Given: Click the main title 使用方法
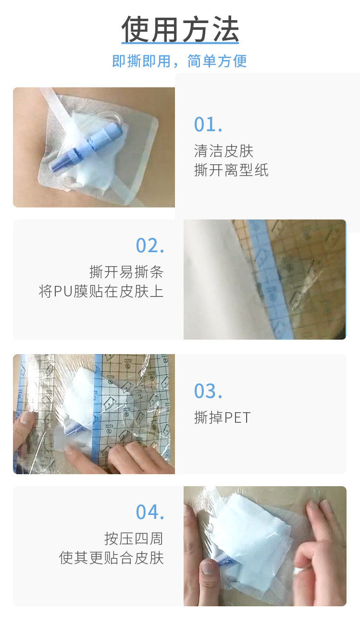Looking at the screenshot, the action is pyautogui.click(x=180, y=29).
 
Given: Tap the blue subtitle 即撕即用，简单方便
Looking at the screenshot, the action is pyautogui.click(x=180, y=61).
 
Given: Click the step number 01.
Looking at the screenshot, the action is pyautogui.click(x=208, y=124).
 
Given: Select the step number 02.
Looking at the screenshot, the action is pyautogui.click(x=150, y=245).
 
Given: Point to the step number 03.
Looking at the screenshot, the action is pyautogui.click(x=208, y=391).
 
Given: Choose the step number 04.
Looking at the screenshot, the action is pyautogui.click(x=150, y=512).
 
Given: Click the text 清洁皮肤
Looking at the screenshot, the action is pyautogui.click(x=224, y=151).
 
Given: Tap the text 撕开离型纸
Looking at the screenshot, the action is pyautogui.click(x=231, y=170).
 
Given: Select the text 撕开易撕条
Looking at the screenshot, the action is pyautogui.click(x=126, y=272).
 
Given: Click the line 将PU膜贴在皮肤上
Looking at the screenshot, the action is pyautogui.click(x=101, y=291).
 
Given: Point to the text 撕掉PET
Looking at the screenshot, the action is pyautogui.click(x=223, y=417).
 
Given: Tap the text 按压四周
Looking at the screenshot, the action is pyautogui.click(x=134, y=539).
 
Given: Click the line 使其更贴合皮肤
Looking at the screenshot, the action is pyautogui.click(x=112, y=558).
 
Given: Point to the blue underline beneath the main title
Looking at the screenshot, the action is pyautogui.click(x=180, y=43).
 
